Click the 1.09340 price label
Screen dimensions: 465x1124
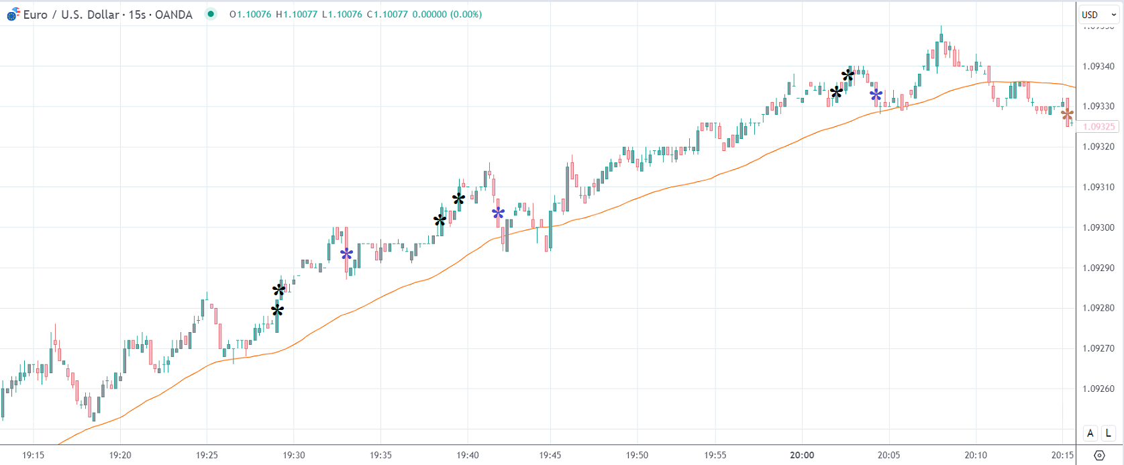pos(1098,66)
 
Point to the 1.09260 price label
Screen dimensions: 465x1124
pos(1098,389)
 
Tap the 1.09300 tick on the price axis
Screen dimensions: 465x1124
pos(1098,227)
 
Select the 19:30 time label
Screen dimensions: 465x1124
pos(293,455)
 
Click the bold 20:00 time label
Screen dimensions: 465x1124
pos(802,455)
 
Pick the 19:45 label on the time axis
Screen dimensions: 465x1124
pos(550,455)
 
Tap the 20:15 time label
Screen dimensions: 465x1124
pos(1062,455)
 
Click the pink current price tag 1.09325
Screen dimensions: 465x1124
pos(1099,126)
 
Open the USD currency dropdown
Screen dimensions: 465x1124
pos(1099,15)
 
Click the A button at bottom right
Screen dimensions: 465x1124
pos(1090,433)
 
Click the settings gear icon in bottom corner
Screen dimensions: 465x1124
pos(1099,456)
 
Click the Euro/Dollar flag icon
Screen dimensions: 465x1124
pos(13,14)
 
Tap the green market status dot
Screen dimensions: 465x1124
pos(211,14)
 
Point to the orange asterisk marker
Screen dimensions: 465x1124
pos(1067,115)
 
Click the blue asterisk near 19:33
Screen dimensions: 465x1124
pos(346,254)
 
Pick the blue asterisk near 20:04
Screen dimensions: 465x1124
pos(876,95)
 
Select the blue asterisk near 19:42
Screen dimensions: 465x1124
pos(498,213)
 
